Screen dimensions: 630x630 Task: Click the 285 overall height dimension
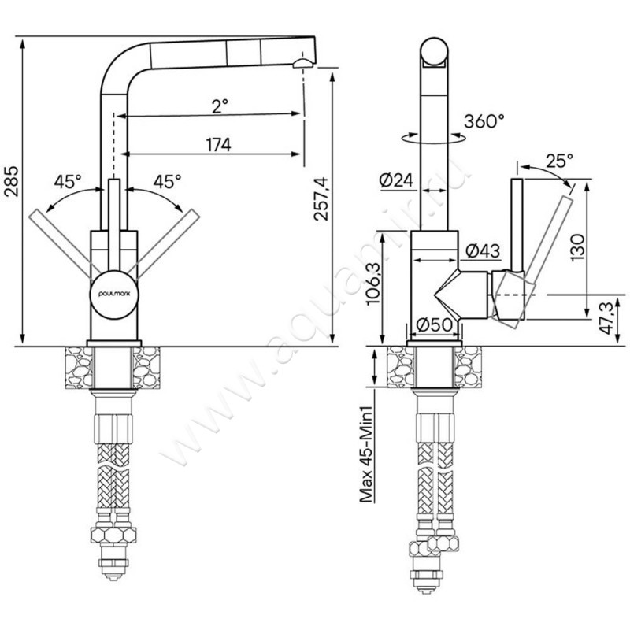pyautogui.click(x=12, y=180)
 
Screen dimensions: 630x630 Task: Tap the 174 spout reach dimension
pyautogui.click(x=219, y=145)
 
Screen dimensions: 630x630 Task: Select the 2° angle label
pyautogui.click(x=220, y=106)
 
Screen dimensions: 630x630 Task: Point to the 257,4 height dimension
pyautogui.click(x=321, y=198)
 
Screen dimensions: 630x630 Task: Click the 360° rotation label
pyautogui.click(x=484, y=121)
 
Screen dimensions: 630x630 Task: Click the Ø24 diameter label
pyautogui.click(x=396, y=180)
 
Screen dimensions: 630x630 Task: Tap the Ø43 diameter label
pyautogui.click(x=483, y=251)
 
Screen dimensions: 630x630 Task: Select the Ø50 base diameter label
pyautogui.click(x=434, y=324)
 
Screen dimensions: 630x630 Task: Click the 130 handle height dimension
pyautogui.click(x=577, y=247)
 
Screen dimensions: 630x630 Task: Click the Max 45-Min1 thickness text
pyautogui.click(x=366, y=454)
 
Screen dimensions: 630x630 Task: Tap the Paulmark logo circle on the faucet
pyautogui.click(x=114, y=295)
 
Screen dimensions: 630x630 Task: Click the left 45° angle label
pyautogui.click(x=68, y=182)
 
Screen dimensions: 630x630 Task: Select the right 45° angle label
pyautogui.click(x=167, y=182)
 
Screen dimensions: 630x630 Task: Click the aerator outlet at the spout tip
pyautogui.click(x=304, y=64)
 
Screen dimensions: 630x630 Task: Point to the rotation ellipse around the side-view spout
pyautogui.click(x=434, y=137)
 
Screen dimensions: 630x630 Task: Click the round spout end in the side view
pyautogui.click(x=434, y=51)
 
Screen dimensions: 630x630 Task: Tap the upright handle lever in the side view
pyautogui.click(x=517, y=225)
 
